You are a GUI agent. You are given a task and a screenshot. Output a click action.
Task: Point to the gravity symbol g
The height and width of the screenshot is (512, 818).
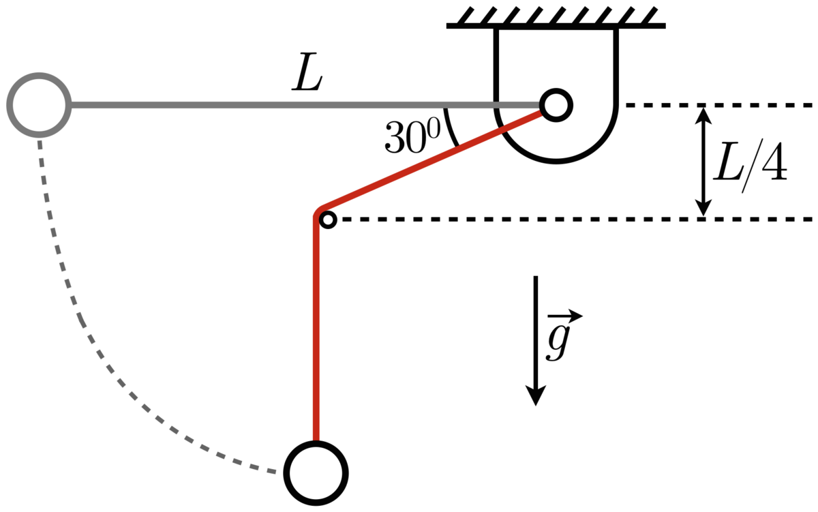[x=558, y=342]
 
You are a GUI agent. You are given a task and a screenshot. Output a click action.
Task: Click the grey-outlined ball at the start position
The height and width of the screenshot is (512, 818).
[x=38, y=105]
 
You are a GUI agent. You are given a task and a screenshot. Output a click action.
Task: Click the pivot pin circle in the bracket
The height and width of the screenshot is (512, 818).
[x=556, y=105]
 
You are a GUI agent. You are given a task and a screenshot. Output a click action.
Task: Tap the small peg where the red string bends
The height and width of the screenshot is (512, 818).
[x=328, y=220]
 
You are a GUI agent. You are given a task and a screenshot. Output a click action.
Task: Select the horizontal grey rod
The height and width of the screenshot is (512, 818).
[x=273, y=105]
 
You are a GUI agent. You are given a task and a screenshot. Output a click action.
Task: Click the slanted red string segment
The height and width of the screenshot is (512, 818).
[x=436, y=162]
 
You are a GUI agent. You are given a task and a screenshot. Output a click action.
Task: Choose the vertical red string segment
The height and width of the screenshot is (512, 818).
[x=316, y=327]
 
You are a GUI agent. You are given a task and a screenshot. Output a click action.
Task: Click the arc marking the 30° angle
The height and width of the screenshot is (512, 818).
[x=452, y=127]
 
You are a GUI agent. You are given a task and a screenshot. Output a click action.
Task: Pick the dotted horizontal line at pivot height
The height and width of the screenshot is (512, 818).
[x=716, y=105]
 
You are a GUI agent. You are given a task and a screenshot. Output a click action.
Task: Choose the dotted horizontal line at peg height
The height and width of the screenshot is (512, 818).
[x=545, y=220]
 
